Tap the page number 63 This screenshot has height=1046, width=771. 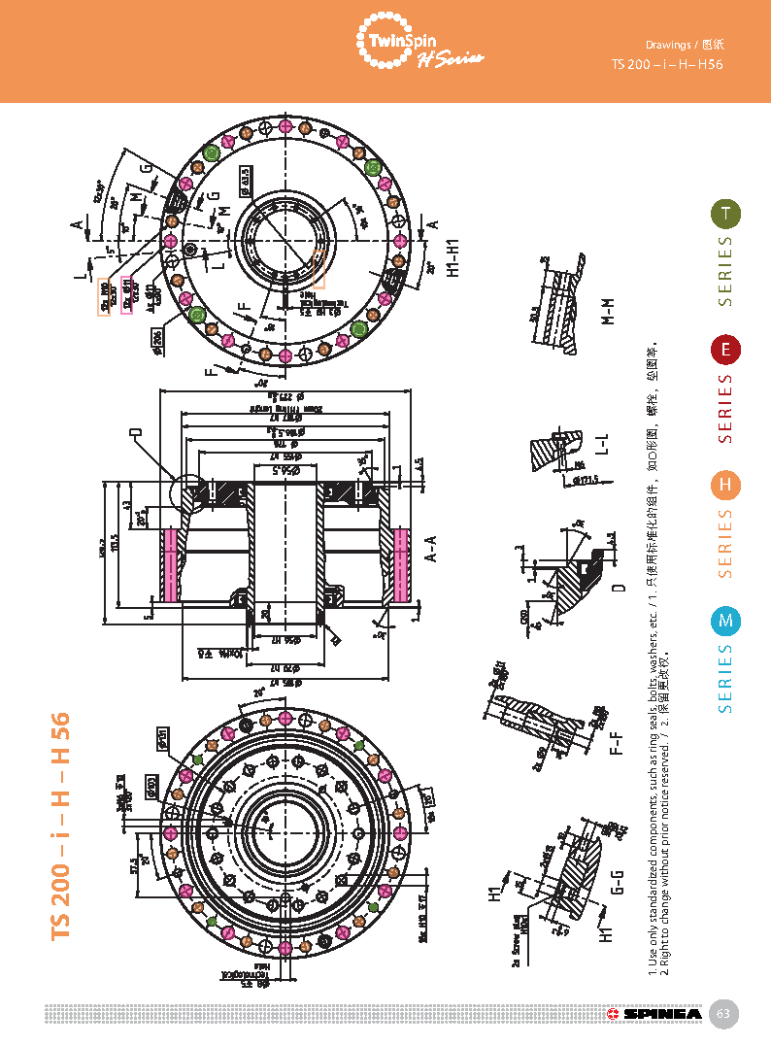coord(722,1014)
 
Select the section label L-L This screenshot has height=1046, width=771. coord(604,444)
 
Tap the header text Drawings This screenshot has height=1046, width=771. coord(669,45)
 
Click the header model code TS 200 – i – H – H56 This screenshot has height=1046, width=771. coord(667,64)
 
